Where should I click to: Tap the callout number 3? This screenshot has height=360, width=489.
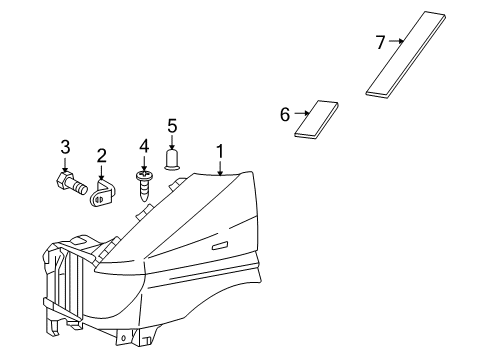click(x=66, y=148)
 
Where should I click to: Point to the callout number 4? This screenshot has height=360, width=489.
click(x=144, y=146)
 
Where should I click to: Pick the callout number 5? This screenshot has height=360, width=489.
click(x=172, y=125)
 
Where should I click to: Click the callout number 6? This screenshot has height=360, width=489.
click(x=286, y=115)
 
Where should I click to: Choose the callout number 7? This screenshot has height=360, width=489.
click(x=381, y=42)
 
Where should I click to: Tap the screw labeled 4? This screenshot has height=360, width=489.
click(x=144, y=184)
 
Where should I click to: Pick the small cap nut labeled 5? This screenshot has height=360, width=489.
click(x=172, y=158)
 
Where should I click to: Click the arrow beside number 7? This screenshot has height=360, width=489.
click(x=396, y=42)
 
